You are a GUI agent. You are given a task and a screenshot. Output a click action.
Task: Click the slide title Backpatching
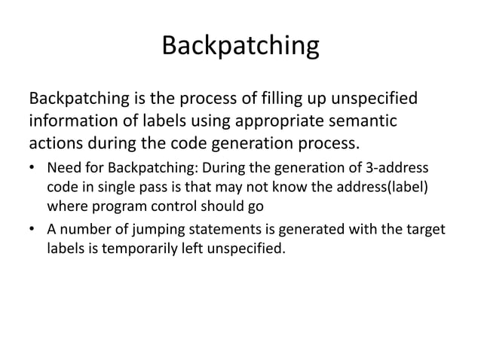(x=240, y=47)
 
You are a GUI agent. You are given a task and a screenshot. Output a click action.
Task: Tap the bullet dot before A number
(x=33, y=228)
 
